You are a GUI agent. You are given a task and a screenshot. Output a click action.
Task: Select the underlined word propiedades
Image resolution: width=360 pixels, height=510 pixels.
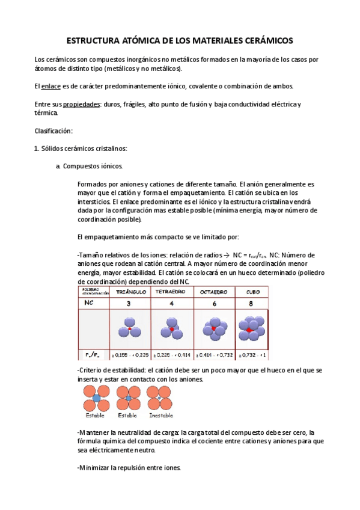(82, 105)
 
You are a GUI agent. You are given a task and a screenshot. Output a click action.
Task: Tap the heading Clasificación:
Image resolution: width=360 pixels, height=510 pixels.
(53, 131)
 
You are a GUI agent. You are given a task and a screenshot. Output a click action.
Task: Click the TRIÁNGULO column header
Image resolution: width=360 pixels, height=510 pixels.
(128, 292)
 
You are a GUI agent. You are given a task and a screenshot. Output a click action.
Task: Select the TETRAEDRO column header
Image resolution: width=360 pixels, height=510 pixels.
(172, 292)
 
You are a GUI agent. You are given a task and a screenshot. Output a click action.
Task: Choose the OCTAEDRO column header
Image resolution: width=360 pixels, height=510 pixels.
(216, 292)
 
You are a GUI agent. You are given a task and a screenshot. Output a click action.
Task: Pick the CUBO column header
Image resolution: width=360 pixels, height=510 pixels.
(253, 292)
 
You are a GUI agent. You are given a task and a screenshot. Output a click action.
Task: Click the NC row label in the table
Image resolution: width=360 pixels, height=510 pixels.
(89, 304)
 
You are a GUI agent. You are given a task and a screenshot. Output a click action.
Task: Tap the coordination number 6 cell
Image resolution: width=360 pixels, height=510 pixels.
(216, 304)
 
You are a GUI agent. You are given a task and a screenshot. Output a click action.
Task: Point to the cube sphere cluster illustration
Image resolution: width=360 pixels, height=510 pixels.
(253, 328)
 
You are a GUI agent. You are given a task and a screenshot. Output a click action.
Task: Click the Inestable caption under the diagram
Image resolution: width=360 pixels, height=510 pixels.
(160, 415)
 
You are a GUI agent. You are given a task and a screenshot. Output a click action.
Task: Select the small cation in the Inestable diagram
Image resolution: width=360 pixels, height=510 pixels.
(160, 396)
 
